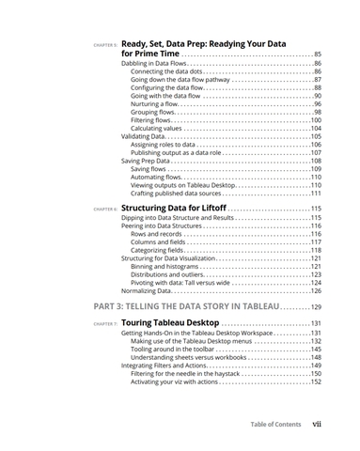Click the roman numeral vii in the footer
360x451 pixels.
pos(318,424)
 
